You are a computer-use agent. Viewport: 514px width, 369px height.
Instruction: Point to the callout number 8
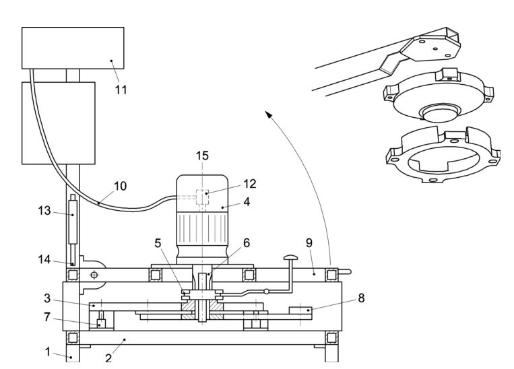pyautogui.click(x=361, y=296)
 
